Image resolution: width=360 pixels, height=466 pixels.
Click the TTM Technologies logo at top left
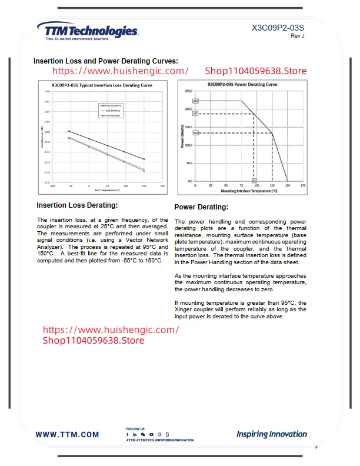pyautogui.click(x=87, y=31)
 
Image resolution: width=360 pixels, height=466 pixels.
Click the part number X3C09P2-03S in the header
pyautogui.click(x=278, y=27)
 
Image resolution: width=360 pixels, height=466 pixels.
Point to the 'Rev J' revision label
pyautogui.click(x=297, y=36)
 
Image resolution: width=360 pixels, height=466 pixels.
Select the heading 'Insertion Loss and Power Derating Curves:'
pyautogui.click(x=106, y=61)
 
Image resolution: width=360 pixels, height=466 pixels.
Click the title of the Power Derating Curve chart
pyautogui.click(x=242, y=85)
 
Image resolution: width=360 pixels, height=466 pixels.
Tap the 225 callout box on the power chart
pyautogui.click(x=195, y=101)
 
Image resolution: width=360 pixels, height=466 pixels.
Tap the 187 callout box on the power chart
pyautogui.click(x=195, y=113)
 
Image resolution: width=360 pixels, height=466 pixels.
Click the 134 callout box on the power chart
pyautogui.click(x=195, y=133)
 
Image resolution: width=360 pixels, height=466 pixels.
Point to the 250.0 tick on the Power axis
pyautogui.click(x=189, y=91)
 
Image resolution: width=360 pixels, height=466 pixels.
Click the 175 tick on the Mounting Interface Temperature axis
pyautogui.click(x=303, y=185)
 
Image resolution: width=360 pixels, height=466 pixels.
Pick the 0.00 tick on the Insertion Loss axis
pyautogui.click(x=47, y=92)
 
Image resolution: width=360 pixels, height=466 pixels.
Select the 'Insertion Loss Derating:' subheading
pyautogui.click(x=77, y=205)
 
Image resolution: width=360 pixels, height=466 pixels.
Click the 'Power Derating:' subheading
pyautogui.click(x=201, y=207)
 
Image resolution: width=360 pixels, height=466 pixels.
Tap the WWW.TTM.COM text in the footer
pyautogui.click(x=68, y=435)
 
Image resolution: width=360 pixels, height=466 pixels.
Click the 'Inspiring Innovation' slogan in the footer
pyautogui.click(x=272, y=434)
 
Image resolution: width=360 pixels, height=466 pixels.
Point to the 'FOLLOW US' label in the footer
pyautogui.click(x=135, y=429)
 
